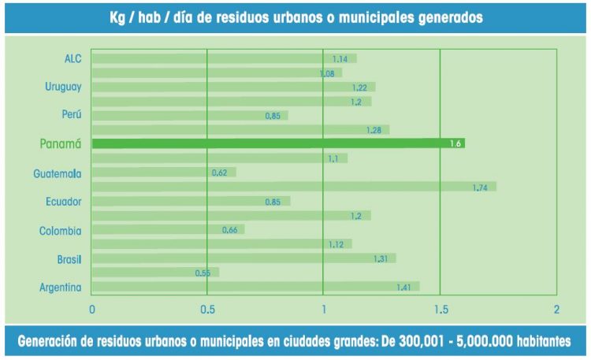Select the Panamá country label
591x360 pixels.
click(x=61, y=143)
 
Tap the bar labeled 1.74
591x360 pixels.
click(x=292, y=187)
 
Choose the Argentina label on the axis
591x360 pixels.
click(x=61, y=288)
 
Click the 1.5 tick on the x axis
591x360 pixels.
click(x=440, y=309)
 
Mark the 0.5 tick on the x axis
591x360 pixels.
click(x=206, y=309)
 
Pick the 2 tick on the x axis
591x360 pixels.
click(x=556, y=309)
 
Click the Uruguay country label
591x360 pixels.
click(x=63, y=86)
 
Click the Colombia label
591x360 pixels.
click(x=61, y=230)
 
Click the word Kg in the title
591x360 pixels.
click(x=118, y=17)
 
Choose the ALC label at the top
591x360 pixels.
click(x=73, y=58)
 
